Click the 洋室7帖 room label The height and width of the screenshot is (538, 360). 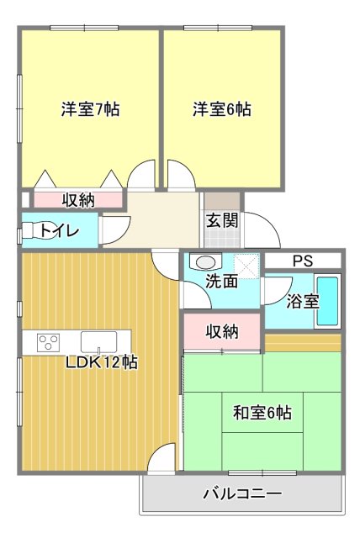[x=89, y=109]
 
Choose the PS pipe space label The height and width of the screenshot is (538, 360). [x=302, y=261]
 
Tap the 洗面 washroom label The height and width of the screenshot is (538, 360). [x=222, y=282]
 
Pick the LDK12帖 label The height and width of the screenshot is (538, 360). [x=103, y=363]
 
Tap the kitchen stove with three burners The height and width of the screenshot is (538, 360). [x=49, y=342]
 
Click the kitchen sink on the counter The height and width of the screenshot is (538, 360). [x=99, y=342]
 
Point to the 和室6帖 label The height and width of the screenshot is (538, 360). [x=262, y=413]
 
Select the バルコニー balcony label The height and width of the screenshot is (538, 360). [x=241, y=493]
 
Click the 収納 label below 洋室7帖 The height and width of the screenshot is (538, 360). [x=78, y=200]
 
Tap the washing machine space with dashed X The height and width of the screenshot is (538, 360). [x=246, y=262]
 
